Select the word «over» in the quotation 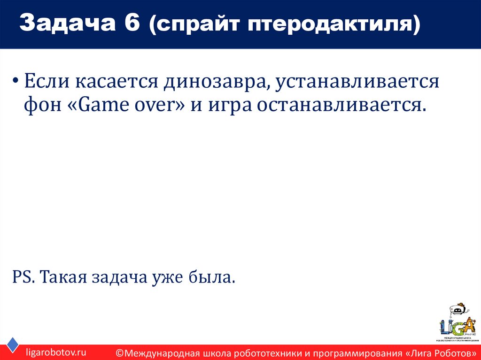[155, 105]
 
